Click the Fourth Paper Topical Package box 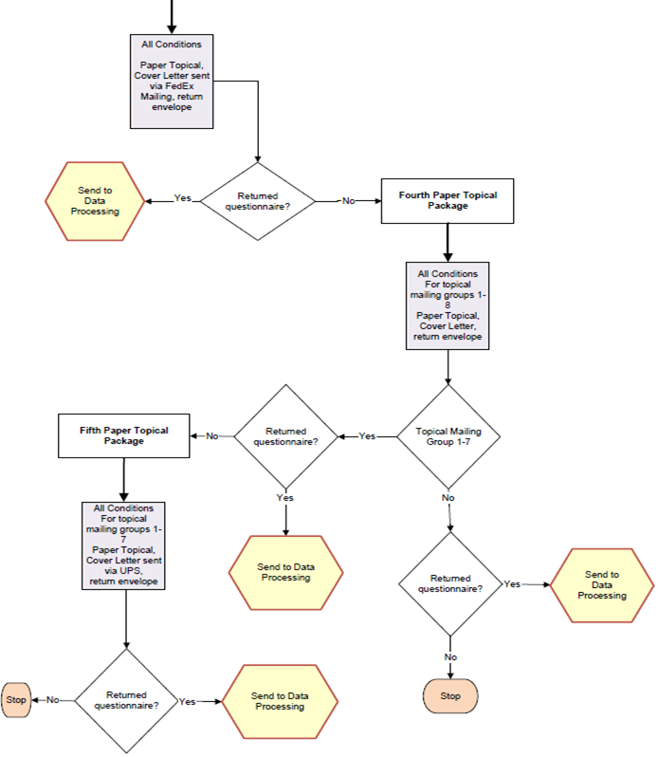coord(448,200)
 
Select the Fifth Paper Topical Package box coord(124,435)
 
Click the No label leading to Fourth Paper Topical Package coord(348,200)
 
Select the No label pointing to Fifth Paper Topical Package coord(212,435)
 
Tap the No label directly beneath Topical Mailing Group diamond coord(448,496)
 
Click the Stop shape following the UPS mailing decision coord(16,700)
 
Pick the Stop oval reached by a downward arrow coord(450,695)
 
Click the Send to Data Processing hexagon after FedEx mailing coord(95,200)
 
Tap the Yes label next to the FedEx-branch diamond coord(183,198)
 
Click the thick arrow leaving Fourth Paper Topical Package coord(448,243)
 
